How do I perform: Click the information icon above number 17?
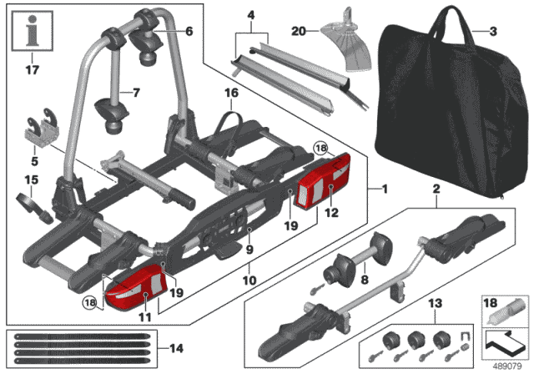click(33, 31)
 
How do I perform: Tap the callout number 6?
click(189, 32)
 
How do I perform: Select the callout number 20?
click(299, 32)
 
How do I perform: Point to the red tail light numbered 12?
click(324, 180)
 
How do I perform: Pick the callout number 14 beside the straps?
click(176, 348)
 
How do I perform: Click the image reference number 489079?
click(507, 366)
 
